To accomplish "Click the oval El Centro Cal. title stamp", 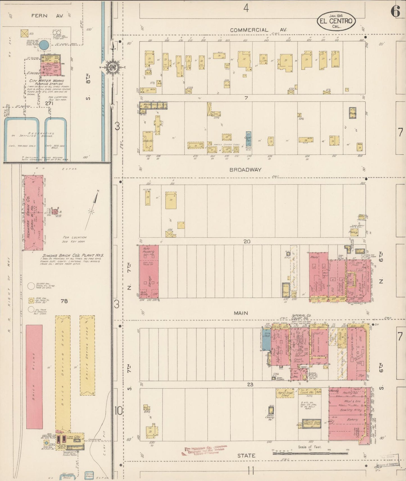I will (x=336, y=21).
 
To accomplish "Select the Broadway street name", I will (x=245, y=170).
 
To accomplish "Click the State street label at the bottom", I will (x=246, y=455).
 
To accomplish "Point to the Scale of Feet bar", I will (x=310, y=452).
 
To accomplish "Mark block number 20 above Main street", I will (x=247, y=241).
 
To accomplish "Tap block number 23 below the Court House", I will (x=250, y=384).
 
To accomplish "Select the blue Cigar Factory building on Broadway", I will (x=248, y=139).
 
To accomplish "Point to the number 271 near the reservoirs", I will (x=49, y=103).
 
